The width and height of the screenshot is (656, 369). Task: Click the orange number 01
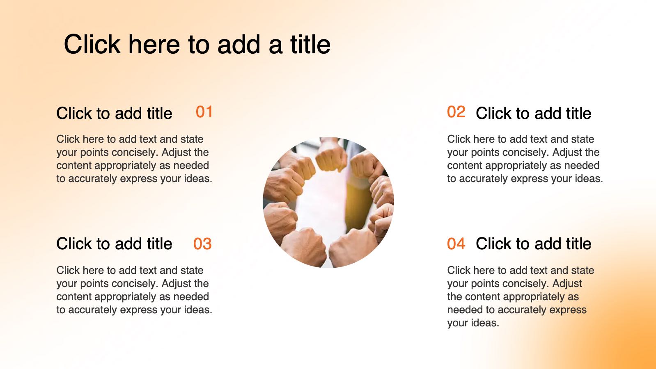(204, 112)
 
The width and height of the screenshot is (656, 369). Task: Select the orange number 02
(456, 112)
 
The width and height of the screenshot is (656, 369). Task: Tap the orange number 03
(202, 244)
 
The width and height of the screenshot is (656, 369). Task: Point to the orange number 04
(456, 244)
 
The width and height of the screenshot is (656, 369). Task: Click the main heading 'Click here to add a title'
(197, 44)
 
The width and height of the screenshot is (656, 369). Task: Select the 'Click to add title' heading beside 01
(114, 113)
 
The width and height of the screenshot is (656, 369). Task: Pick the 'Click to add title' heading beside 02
(533, 113)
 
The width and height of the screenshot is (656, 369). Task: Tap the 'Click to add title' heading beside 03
(114, 244)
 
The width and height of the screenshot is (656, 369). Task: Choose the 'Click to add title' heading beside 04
(533, 244)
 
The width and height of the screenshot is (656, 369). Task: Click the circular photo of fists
(328, 203)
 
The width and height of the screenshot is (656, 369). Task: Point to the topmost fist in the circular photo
(331, 155)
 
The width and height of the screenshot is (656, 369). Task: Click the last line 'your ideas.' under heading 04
(473, 323)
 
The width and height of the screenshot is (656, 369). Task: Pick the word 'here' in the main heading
(154, 44)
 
